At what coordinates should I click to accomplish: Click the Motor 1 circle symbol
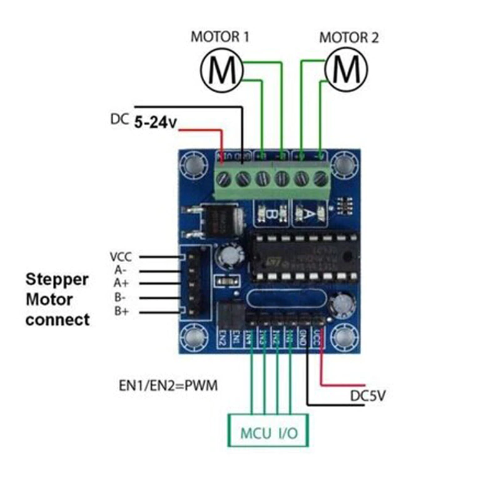[x=222, y=70]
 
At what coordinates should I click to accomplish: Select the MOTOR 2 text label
[x=349, y=37]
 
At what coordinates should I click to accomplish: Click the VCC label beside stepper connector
[x=121, y=256]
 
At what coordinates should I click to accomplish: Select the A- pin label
[x=121, y=270]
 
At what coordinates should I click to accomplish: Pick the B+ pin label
[x=122, y=311]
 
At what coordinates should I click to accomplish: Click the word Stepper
[x=57, y=279]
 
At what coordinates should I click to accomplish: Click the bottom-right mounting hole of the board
[x=343, y=338]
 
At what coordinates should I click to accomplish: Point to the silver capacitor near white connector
[x=228, y=257]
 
